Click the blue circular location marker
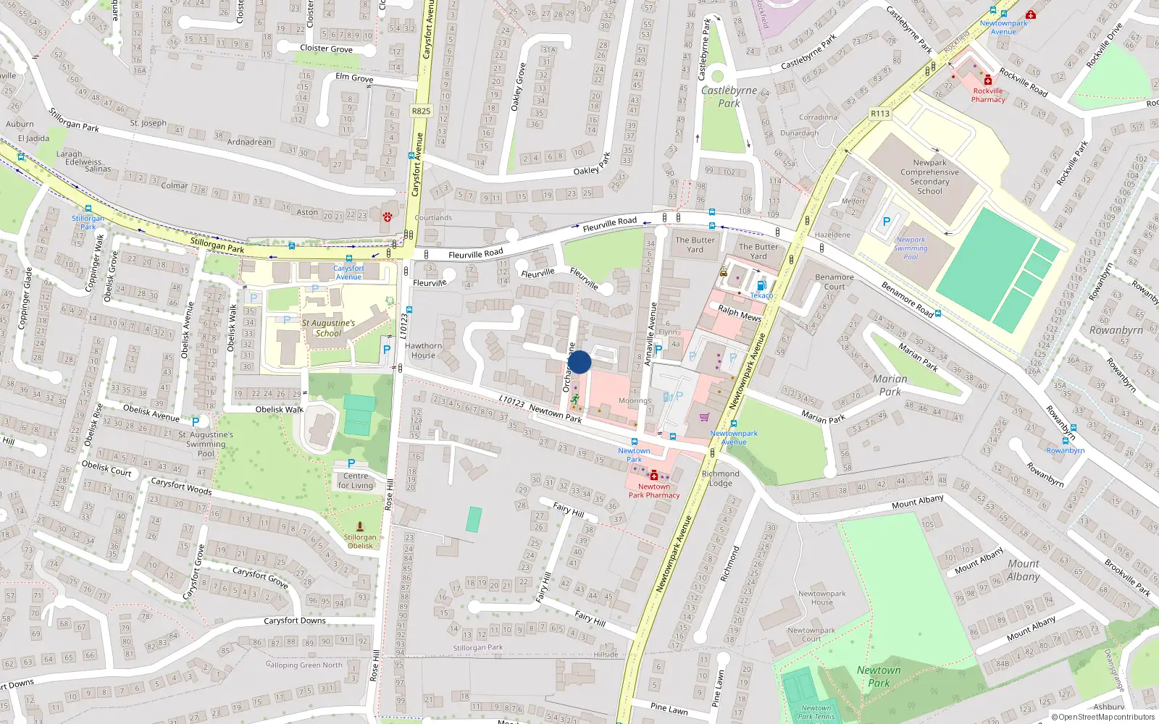click(579, 362)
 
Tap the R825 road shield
click(421, 111)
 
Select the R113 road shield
click(880, 114)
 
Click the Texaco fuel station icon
click(761, 285)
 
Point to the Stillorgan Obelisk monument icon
click(360, 527)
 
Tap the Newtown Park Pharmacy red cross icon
click(654, 476)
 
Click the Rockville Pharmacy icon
click(988, 80)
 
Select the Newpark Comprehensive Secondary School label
click(929, 177)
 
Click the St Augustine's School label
click(328, 328)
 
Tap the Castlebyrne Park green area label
click(729, 96)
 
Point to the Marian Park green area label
click(890, 384)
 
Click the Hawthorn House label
click(424, 350)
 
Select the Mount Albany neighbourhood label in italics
click(1023, 570)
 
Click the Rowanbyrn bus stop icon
click(1066, 440)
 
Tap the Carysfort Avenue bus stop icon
click(349, 258)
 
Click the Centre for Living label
click(356, 480)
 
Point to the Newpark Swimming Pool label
click(911, 248)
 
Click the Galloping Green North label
click(304, 665)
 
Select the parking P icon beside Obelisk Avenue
click(195, 421)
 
